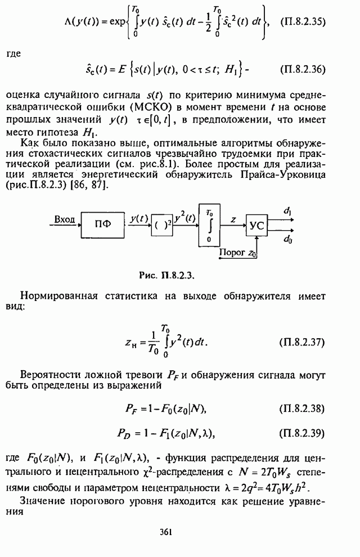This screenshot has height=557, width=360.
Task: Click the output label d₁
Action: click(287, 212)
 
